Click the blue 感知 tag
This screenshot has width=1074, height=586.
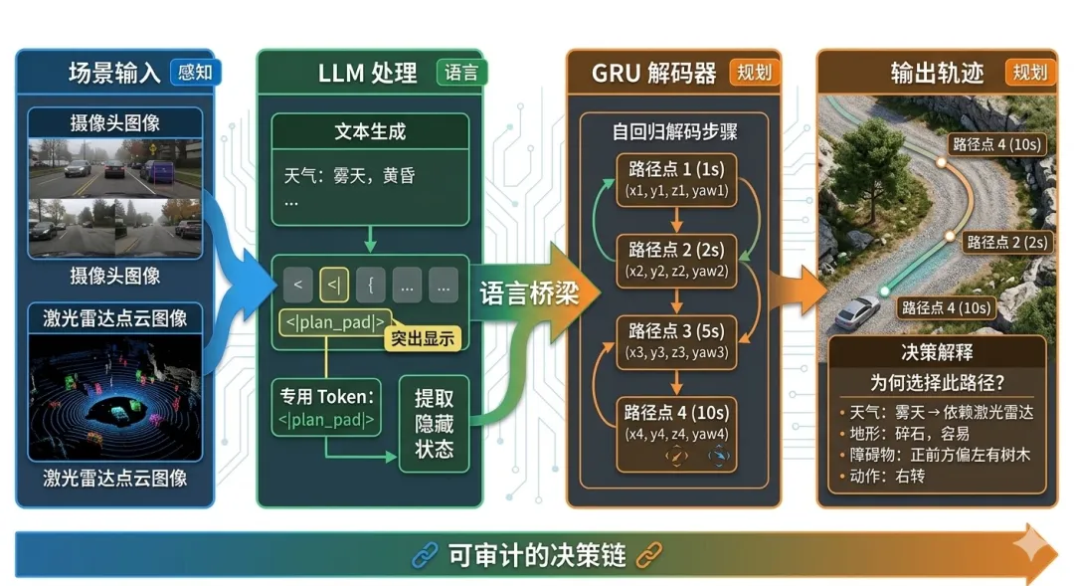[195, 72]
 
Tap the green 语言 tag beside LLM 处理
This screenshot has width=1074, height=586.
[461, 72]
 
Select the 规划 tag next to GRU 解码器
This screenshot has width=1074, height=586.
[754, 72]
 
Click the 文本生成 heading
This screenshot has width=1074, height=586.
[370, 131]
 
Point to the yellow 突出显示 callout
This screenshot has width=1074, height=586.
[423, 338]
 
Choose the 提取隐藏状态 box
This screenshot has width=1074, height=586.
[434, 424]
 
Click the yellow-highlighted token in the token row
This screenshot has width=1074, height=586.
[334, 285]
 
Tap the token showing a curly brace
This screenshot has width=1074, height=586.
[371, 285]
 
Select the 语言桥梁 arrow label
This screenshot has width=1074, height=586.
[529, 293]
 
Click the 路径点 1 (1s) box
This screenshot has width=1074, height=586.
[676, 180]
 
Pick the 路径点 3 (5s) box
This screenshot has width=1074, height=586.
[676, 342]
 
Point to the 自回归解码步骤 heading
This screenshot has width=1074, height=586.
[674, 131]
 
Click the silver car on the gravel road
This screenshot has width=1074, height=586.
[857, 311]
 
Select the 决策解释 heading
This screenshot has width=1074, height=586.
[937, 352]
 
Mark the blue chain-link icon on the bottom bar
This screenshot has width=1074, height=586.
[425, 555]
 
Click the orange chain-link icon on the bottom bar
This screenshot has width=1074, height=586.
[648, 555]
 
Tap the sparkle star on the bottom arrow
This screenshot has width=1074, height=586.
[1031, 546]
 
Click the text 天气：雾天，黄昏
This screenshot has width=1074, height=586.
[349, 176]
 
